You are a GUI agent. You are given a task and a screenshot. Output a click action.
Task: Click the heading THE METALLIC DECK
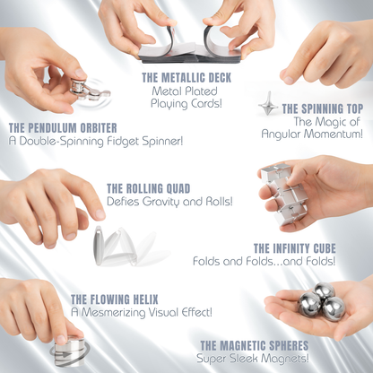click(186, 78)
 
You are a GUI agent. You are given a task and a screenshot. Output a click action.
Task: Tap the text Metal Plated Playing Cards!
click(186, 98)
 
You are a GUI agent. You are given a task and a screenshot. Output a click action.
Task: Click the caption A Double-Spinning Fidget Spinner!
click(82, 141)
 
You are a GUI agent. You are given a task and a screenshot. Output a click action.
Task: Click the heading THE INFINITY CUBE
click(294, 247)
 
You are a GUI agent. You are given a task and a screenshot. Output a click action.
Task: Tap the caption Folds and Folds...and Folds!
click(265, 262)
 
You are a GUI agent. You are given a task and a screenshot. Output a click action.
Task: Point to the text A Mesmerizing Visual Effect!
click(142, 312)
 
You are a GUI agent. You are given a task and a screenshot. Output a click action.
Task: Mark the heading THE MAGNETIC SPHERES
click(254, 345)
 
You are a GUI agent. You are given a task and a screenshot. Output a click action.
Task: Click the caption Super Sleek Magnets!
click(254, 359)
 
